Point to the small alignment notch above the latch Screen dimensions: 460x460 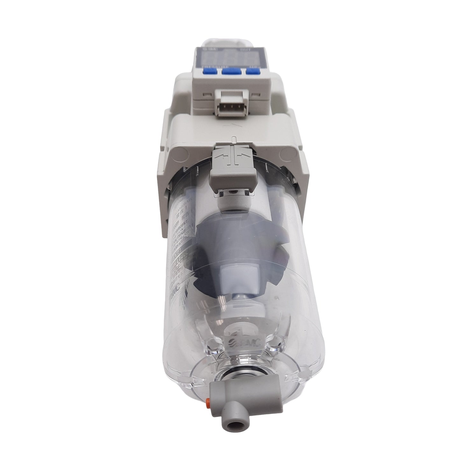click(234, 139)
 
